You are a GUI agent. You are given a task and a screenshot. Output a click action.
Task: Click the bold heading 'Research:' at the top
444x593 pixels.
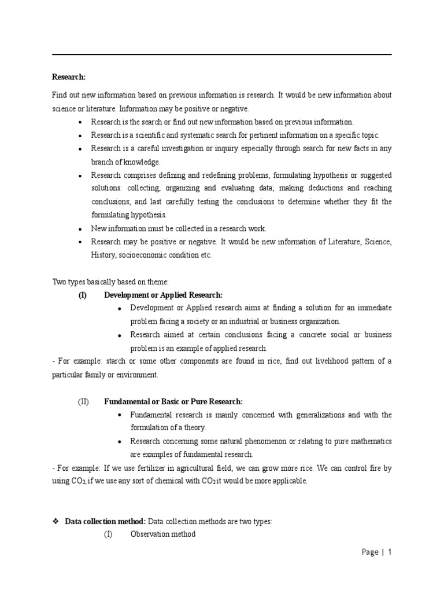tap(69, 76)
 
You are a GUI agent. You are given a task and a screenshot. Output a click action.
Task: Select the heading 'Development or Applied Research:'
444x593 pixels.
tap(163, 295)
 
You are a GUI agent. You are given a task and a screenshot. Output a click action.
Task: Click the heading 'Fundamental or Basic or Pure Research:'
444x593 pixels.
tap(173, 401)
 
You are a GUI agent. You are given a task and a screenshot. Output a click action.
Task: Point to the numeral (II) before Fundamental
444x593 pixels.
tap(84, 401)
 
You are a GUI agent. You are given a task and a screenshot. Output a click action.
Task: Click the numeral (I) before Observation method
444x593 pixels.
tap(109, 534)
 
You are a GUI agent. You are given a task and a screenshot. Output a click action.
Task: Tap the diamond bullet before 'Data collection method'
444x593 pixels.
tap(56, 521)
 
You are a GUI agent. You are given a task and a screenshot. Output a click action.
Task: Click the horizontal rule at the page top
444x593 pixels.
tap(222, 54)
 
